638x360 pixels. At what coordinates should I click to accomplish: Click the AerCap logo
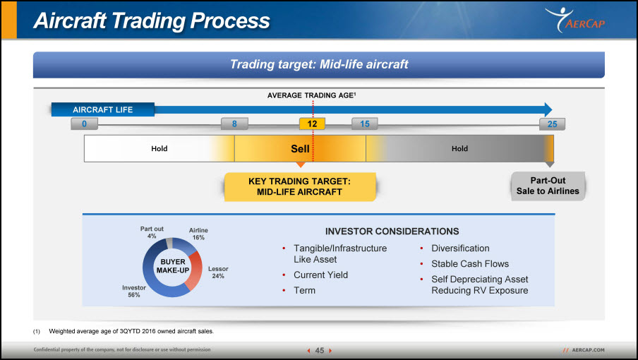(x=575, y=20)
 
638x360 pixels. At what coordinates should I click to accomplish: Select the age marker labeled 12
(x=312, y=124)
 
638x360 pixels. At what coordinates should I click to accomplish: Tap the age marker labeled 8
(x=234, y=124)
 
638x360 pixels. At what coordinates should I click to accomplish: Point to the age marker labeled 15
(x=365, y=124)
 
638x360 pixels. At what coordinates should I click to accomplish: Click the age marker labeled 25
(x=552, y=124)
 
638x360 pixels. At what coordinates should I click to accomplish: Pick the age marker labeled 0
(x=84, y=124)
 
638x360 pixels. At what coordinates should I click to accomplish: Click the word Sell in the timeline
(x=300, y=149)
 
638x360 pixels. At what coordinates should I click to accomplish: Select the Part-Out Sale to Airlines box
(x=548, y=186)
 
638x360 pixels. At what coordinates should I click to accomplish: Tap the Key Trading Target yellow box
(x=300, y=187)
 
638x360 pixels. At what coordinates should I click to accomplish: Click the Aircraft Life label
(x=103, y=110)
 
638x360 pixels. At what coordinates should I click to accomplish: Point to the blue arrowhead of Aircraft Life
(x=548, y=109)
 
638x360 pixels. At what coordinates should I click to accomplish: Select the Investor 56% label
(x=134, y=292)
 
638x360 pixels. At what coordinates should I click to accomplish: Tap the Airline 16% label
(x=198, y=234)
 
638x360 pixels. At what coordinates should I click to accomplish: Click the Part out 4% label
(x=152, y=232)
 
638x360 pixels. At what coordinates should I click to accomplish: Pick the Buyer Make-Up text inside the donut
(x=173, y=266)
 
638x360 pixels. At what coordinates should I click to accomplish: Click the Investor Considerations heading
(x=392, y=232)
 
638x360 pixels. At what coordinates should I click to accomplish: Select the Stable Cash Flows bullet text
(x=470, y=264)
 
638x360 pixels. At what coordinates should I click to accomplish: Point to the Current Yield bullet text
(x=320, y=275)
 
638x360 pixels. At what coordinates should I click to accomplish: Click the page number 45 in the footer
(x=320, y=351)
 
